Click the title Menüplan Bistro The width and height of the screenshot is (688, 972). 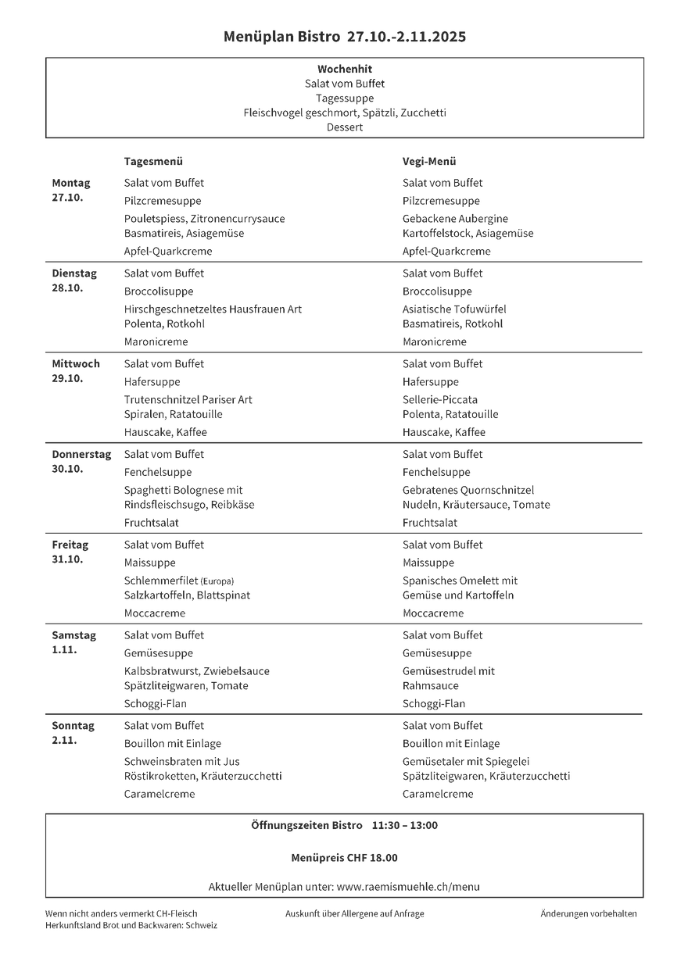click(281, 37)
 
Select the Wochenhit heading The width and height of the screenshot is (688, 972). click(345, 69)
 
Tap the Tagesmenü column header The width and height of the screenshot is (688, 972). click(153, 162)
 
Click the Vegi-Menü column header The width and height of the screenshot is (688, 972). click(429, 162)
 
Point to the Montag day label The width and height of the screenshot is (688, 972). click(71, 183)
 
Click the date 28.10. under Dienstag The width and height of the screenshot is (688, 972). click(67, 288)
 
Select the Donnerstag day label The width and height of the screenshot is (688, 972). click(81, 454)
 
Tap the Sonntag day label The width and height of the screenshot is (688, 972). click(73, 726)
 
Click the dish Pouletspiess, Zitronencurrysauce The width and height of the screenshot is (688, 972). click(204, 219)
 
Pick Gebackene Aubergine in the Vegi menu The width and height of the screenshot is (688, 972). click(455, 219)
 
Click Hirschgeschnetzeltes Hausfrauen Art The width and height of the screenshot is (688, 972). click(213, 309)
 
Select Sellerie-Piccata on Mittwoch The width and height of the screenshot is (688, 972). click(440, 400)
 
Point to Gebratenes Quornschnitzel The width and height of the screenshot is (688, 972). click(468, 491)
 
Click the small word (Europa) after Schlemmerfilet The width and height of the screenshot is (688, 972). click(217, 581)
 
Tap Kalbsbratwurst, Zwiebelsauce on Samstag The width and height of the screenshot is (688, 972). click(196, 671)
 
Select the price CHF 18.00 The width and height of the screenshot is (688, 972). click(372, 858)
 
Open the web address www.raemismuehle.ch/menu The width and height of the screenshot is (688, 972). click(408, 887)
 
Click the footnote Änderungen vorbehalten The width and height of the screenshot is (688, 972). click(589, 913)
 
